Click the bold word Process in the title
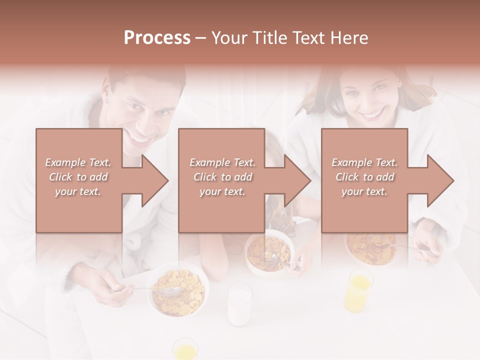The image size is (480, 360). pos(157,37)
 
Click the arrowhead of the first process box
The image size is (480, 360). pos(155,180)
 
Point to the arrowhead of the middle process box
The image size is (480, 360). pos(298,180)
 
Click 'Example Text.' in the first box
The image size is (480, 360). pos(78,162)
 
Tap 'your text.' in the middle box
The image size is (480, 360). pos(222,191)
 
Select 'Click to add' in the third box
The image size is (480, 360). pos(364,177)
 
